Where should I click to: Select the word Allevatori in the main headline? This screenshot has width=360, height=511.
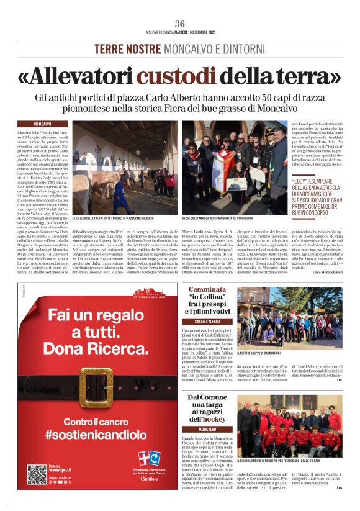(76, 76)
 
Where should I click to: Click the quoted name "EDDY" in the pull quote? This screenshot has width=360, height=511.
(304, 181)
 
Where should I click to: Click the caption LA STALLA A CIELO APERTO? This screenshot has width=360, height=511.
(112, 219)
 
